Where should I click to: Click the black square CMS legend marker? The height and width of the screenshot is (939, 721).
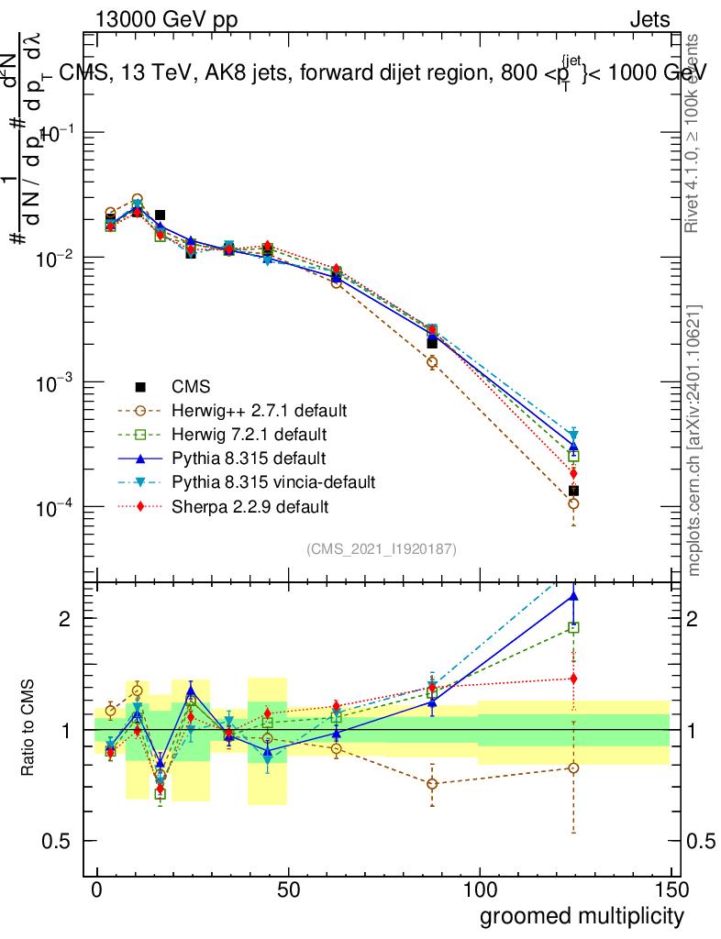tap(140, 386)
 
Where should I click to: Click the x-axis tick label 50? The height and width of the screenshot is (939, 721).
tap(288, 890)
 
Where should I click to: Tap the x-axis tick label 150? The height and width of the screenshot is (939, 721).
tap(671, 890)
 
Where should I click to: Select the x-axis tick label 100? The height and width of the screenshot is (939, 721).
tap(479, 890)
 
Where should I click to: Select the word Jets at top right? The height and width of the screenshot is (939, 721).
tap(649, 21)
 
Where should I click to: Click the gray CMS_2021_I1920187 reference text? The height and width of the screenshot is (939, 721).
tap(382, 548)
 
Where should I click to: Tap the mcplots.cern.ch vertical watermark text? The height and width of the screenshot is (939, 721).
tap(695, 440)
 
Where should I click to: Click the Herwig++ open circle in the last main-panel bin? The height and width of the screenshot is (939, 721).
tap(573, 503)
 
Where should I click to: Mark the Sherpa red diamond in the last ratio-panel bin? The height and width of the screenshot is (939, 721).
tap(573, 679)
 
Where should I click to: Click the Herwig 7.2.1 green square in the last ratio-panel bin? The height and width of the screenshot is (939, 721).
tap(573, 628)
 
